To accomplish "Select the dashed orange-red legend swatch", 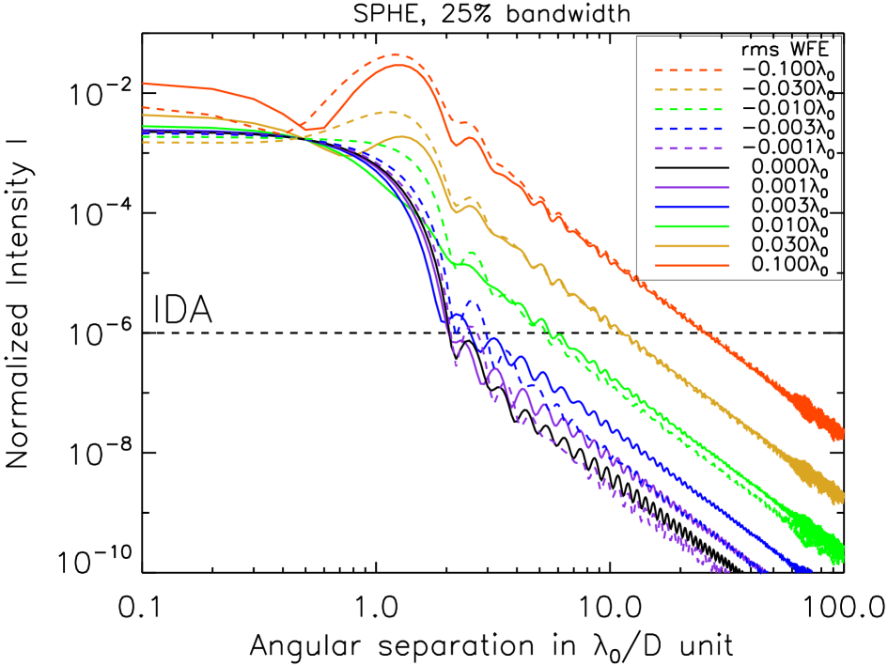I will click(689, 70).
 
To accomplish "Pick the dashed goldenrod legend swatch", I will click(689, 90).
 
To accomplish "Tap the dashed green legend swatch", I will click(689, 110).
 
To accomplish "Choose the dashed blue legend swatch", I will click(689, 129).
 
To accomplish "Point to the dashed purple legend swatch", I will click(689, 148).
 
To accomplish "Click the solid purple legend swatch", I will click(692, 188).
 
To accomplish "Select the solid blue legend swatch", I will click(692, 207).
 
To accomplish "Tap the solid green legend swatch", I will click(692, 226).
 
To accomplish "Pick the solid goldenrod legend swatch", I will click(692, 246).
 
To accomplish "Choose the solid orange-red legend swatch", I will click(692, 266).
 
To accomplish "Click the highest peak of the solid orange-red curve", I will click(400, 65).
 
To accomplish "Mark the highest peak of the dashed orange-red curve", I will click(396, 54).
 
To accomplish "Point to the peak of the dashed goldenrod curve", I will click(389, 113).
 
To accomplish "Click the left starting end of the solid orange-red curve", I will click(144, 84).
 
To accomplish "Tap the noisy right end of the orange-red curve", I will click(840, 432).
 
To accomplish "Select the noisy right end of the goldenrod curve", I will click(840, 492).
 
